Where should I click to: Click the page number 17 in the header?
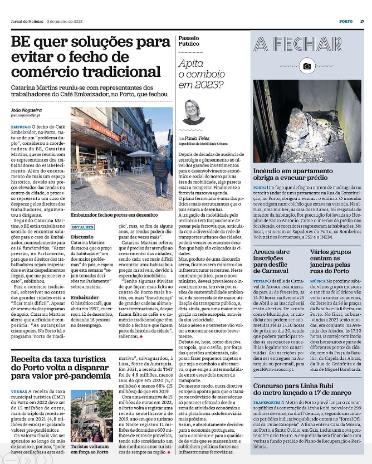point(361,21)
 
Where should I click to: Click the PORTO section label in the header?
point(345,21)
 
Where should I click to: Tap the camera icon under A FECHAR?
point(307,66)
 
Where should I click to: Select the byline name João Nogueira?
point(27,110)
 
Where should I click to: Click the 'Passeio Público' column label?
point(189,40)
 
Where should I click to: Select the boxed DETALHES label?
point(82,228)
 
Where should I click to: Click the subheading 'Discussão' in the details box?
point(82,237)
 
